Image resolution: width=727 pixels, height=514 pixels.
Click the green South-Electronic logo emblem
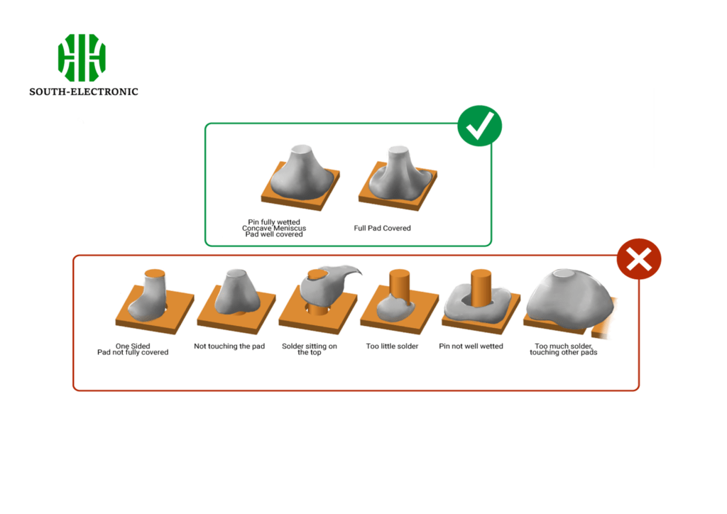[82, 58]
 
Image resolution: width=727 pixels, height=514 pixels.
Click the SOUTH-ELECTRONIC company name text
[84, 92]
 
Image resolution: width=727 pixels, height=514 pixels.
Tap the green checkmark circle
[479, 126]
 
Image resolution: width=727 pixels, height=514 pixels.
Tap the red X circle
[639, 259]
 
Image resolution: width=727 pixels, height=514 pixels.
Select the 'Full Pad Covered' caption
[382, 229]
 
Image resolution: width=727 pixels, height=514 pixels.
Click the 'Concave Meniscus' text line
[274, 228]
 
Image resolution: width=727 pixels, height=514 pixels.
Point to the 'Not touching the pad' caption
[229, 346]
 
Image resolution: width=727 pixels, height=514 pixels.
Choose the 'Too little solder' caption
[392, 346]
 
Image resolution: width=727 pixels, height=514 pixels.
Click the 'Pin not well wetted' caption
[471, 346]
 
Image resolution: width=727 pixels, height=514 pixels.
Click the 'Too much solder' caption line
[563, 346]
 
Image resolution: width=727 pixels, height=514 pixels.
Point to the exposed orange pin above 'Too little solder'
[399, 284]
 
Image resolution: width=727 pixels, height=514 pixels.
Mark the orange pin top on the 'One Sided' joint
[155, 273]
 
